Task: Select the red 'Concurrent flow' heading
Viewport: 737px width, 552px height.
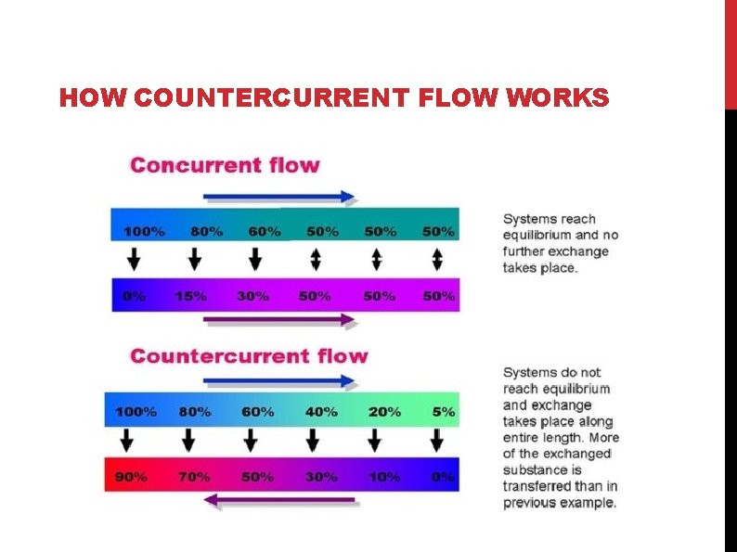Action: tap(225, 166)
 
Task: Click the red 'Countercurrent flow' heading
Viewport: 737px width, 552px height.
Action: tap(249, 356)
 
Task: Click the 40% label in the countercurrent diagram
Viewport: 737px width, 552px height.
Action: tap(321, 411)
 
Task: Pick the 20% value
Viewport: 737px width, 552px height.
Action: tap(384, 411)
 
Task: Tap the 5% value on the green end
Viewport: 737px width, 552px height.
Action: tap(443, 411)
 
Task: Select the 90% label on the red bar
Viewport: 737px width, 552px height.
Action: tap(131, 477)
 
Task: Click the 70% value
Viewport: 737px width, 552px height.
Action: tap(193, 477)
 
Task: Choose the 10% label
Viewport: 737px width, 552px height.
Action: tap(384, 477)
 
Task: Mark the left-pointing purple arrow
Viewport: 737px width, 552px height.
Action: tap(279, 501)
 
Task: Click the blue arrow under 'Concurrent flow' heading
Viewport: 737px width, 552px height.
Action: tap(279, 197)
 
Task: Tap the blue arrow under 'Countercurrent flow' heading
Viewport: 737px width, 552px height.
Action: tap(279, 380)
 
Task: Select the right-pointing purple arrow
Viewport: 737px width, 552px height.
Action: tap(279, 320)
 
